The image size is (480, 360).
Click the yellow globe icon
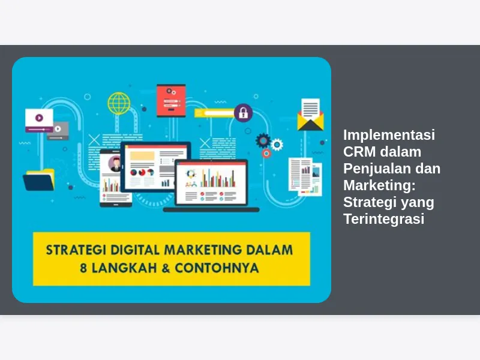pos(119,103)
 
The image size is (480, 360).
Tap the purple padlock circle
pos(244,113)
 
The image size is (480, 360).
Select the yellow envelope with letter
pos(310,115)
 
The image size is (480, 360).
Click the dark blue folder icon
pos(39,180)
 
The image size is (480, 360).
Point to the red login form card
pos(171,101)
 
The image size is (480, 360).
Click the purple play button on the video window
pos(39,118)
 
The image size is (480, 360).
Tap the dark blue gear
pos(263,141)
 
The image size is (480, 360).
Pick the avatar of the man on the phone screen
pos(115,163)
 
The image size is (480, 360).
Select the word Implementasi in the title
pos(389,134)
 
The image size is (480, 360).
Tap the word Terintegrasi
pos(384,218)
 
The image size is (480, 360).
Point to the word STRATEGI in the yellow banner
pos(76,250)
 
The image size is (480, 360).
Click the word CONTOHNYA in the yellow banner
pos(217,268)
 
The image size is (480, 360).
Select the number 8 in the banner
pos(83,268)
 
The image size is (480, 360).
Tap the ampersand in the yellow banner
pos(166,268)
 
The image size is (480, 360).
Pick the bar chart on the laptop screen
pos(218,179)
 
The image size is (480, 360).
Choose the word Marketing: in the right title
pos(380,185)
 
